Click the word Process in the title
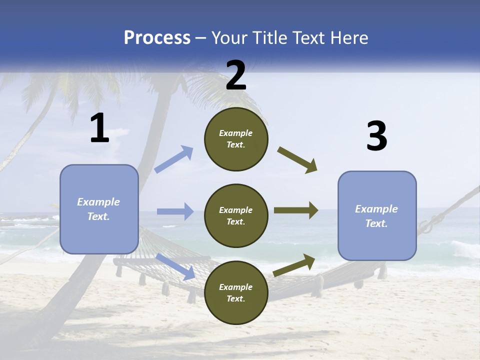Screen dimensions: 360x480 (157, 37)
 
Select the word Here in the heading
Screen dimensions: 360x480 (348, 37)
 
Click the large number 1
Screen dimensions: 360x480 (99, 128)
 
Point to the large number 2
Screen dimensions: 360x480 (236, 75)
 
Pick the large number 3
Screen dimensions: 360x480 (376, 136)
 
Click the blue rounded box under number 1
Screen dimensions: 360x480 (99, 208)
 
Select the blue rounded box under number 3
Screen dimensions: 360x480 (377, 215)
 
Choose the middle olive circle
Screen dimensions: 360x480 (236, 215)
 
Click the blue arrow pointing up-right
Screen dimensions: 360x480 (174, 159)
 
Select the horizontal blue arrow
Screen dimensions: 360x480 (175, 211)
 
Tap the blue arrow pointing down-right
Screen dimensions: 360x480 (175, 266)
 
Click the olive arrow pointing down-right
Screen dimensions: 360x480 (297, 160)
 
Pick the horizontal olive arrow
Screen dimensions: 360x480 (296, 210)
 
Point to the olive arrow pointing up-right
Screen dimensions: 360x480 (294, 265)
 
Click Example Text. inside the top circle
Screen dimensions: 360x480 (236, 139)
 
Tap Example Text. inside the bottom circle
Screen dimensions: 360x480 (236, 293)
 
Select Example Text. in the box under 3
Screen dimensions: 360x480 (376, 216)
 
